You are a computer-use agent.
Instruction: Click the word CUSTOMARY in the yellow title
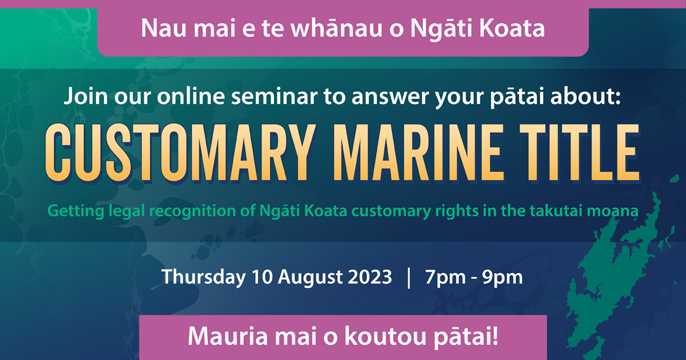[181, 153]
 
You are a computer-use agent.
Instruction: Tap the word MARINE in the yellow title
[419, 153]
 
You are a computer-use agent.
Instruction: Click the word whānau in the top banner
[336, 28]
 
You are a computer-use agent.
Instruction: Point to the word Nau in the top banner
[163, 29]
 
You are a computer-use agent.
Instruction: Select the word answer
[390, 97]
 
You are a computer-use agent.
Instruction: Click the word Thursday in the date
[204, 277]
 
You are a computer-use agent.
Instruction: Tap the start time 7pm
[444, 278]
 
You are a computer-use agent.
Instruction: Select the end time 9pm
[502, 278]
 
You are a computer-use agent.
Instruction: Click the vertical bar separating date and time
[409, 278]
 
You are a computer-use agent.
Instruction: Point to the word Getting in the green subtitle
[76, 211]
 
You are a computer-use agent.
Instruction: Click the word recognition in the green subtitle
[193, 211]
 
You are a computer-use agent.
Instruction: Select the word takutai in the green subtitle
[555, 211]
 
